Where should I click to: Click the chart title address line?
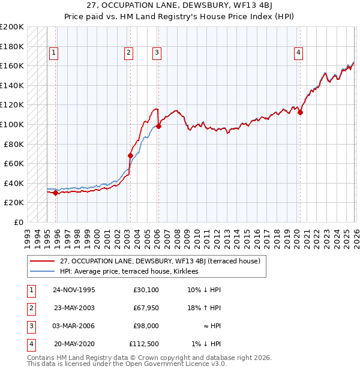point(180,7)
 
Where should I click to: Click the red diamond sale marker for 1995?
point(56,193)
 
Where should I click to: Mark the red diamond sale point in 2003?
point(130,156)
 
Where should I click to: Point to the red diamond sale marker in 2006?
point(158,127)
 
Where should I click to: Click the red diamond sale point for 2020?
point(301,112)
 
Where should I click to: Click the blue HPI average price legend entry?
point(133,271)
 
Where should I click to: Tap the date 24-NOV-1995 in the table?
point(74,290)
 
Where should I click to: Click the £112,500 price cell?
point(144,344)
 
